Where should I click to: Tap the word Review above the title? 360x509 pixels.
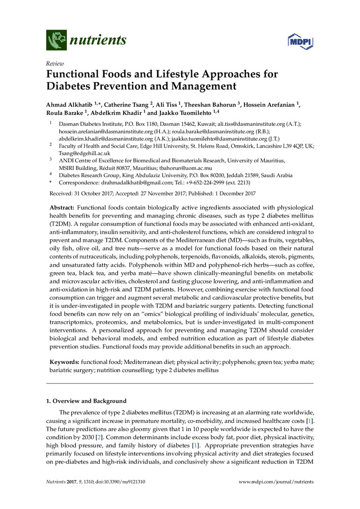coord(55,64)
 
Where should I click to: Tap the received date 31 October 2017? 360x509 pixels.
coord(100,193)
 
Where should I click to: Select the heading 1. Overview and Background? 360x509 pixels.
coord(86,401)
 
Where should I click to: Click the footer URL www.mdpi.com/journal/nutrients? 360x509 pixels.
coord(276,482)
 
